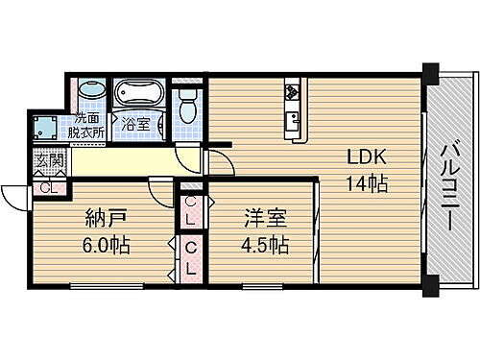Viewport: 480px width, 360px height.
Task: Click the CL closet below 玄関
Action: [46, 186]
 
